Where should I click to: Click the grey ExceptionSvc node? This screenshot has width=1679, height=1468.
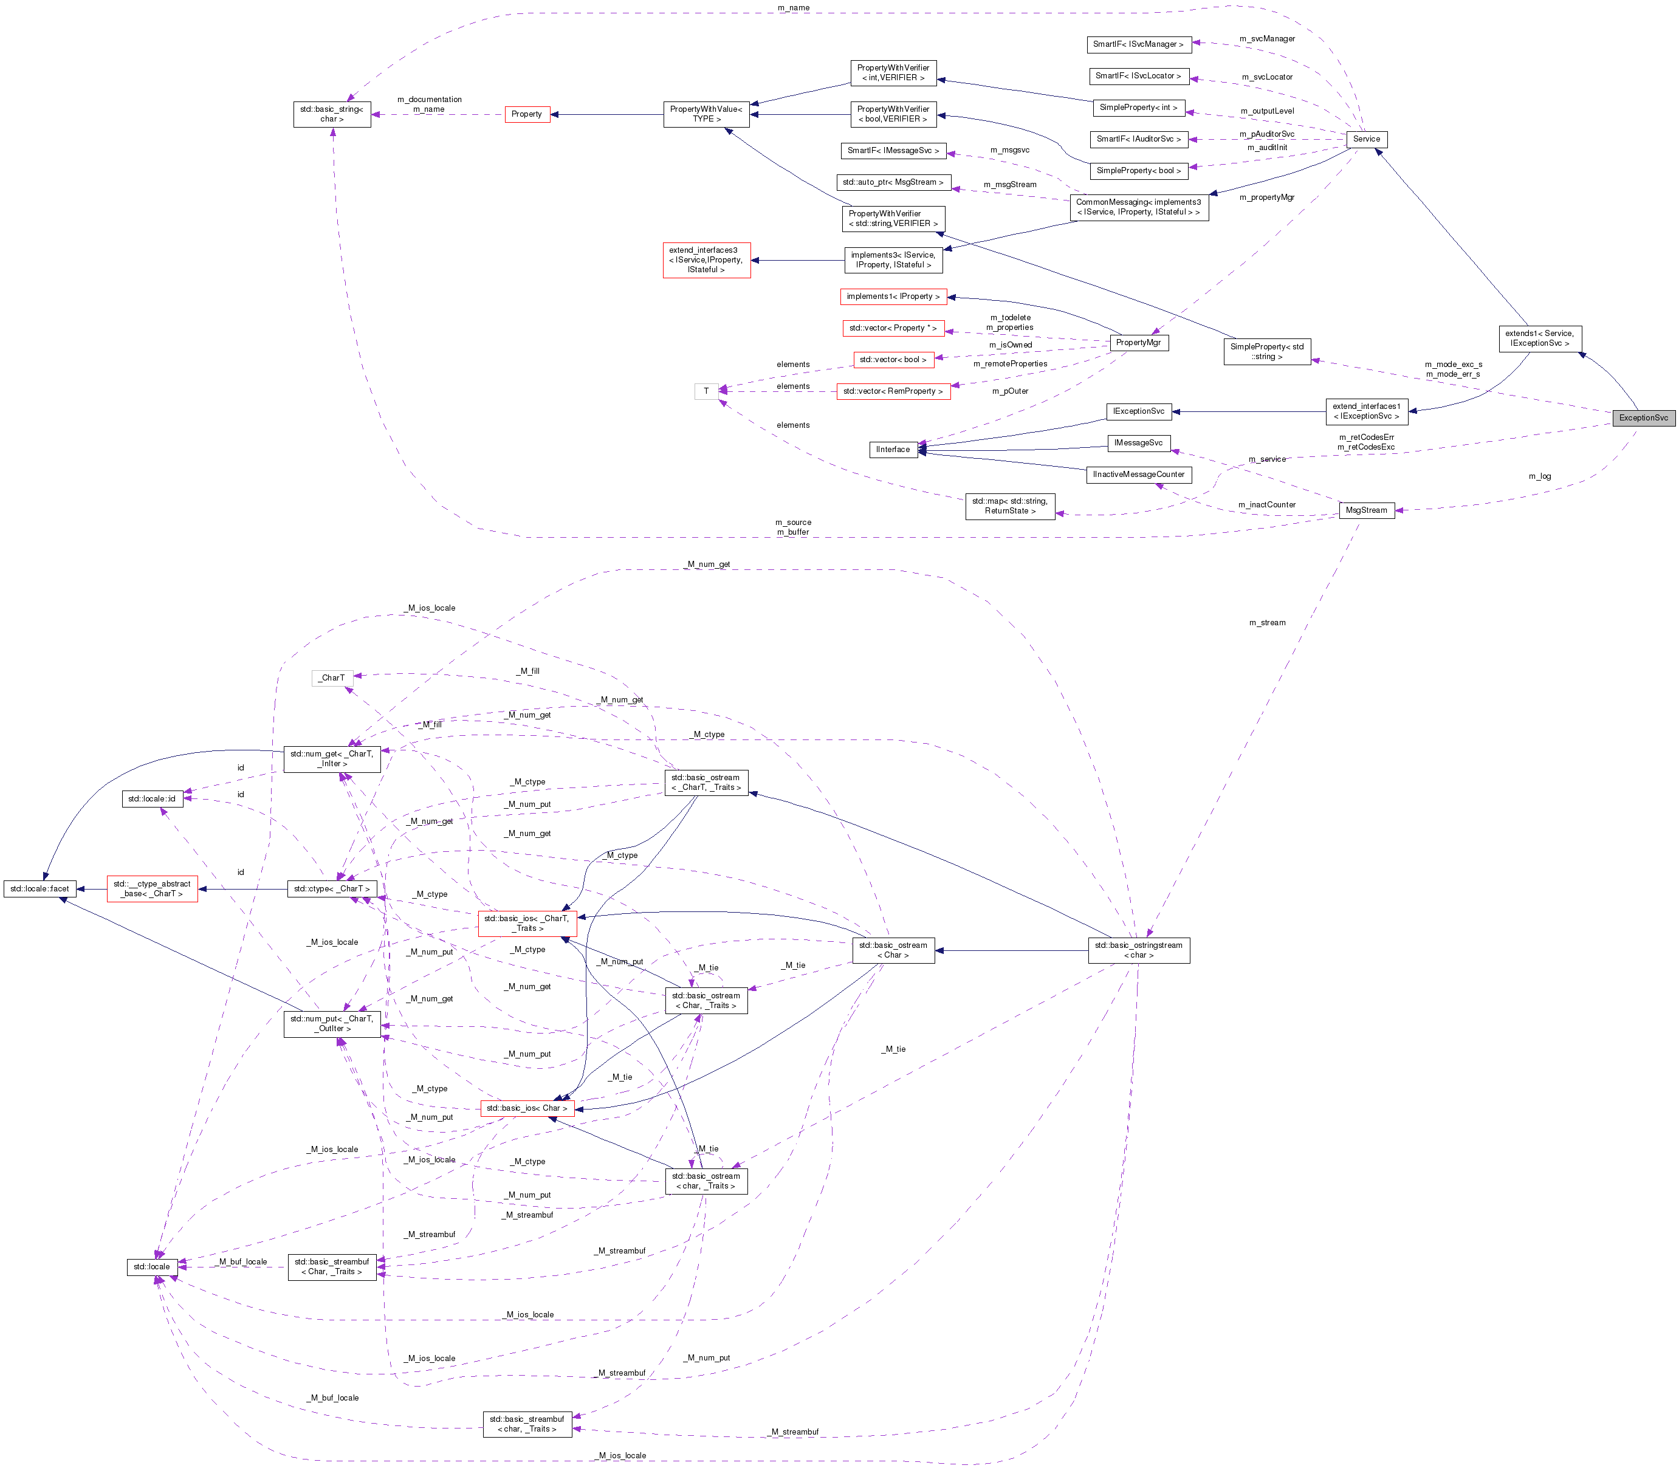[1643, 418]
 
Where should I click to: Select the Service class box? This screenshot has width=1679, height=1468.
[1366, 139]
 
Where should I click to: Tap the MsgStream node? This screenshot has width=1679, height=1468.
[1366, 510]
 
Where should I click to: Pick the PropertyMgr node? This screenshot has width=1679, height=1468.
[1138, 343]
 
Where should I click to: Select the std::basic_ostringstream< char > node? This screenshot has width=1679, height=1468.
[1138, 950]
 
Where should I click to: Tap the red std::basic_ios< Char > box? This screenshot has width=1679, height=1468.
[526, 1108]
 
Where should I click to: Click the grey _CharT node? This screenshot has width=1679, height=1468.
[332, 677]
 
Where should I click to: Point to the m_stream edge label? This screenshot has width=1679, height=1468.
[1267, 623]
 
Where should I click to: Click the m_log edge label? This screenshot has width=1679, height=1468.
[1539, 476]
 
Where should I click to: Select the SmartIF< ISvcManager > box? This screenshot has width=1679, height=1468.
[1138, 44]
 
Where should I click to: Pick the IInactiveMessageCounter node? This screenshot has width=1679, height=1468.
[1138, 475]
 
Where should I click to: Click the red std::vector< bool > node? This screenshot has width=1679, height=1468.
[892, 359]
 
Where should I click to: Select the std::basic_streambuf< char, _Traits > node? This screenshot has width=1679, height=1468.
[526, 1424]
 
